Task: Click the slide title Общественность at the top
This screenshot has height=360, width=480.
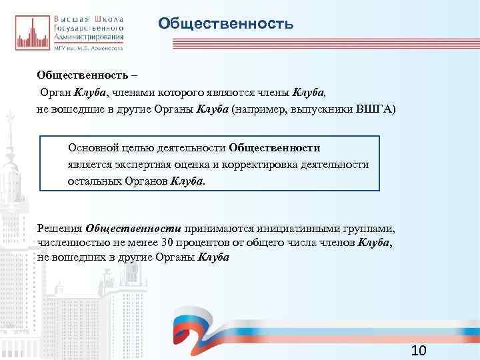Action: (x=226, y=25)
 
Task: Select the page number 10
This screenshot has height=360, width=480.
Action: (x=419, y=351)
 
